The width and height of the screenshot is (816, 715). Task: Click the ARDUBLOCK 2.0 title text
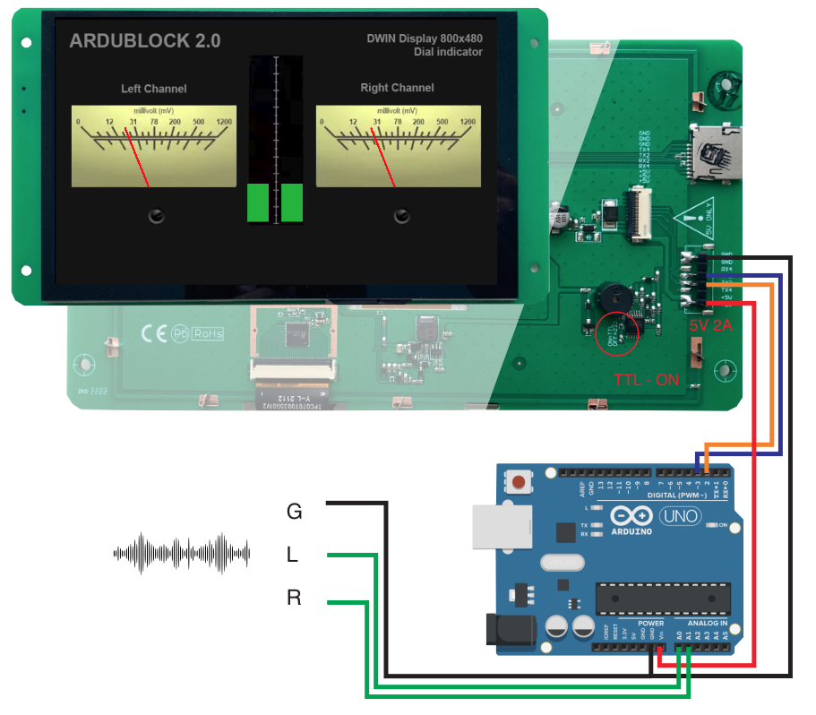[x=144, y=41]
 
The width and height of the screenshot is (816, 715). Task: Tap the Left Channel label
[x=154, y=89]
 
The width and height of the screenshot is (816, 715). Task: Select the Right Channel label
[x=397, y=88]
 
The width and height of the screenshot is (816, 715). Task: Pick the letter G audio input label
[x=294, y=512]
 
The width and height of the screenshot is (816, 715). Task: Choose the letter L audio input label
[x=292, y=556]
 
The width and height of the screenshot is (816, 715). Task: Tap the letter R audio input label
[x=294, y=598]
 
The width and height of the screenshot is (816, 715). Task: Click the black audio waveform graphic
[x=181, y=554]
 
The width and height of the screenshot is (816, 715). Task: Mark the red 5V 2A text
[x=710, y=326]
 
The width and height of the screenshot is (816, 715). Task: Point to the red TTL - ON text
[x=646, y=379]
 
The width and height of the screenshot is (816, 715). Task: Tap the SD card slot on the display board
[x=715, y=153]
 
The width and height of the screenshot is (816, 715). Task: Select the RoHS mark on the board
[x=208, y=333]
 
